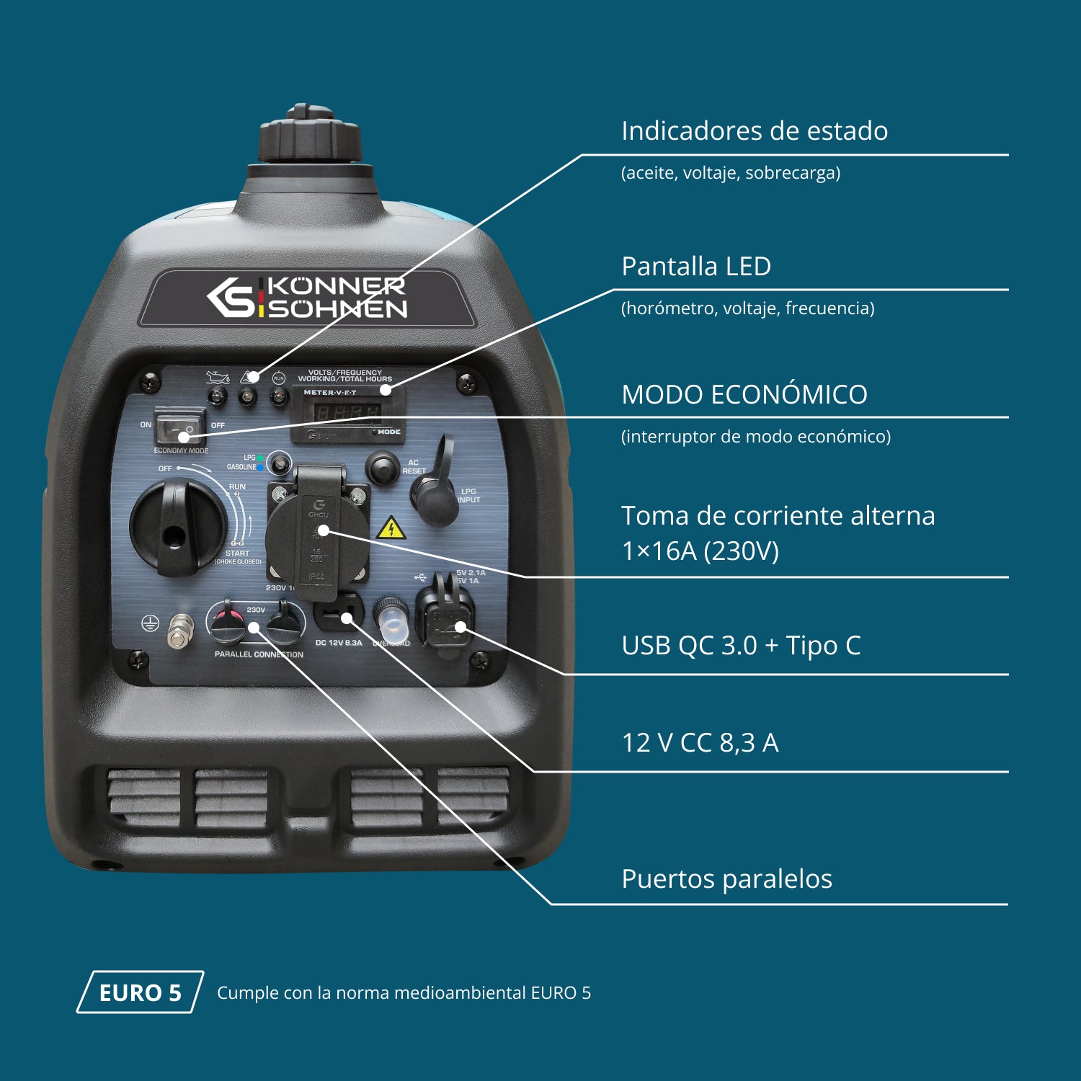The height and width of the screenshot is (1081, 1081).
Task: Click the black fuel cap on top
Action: pyautogui.click(x=310, y=137)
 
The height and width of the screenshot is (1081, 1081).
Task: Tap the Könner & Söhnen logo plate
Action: pyautogui.click(x=307, y=298)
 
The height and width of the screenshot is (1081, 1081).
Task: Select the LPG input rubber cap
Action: pyautogui.click(x=435, y=497)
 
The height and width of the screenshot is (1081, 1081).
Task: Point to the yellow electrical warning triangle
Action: pyautogui.click(x=391, y=528)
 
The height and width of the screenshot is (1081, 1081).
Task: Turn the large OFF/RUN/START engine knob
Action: pyautogui.click(x=177, y=526)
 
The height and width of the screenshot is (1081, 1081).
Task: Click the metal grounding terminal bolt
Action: pyautogui.click(x=180, y=631)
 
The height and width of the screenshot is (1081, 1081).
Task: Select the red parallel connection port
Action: pyautogui.click(x=227, y=623)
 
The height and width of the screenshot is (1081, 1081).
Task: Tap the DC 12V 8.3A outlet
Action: pyautogui.click(x=337, y=615)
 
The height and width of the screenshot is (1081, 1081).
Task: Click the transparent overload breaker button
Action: pyautogui.click(x=391, y=619)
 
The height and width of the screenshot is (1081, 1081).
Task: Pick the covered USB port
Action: pyautogui.click(x=445, y=616)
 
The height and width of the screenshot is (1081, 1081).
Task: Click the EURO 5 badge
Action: pyautogui.click(x=140, y=992)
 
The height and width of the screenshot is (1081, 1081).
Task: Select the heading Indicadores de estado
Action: pyautogui.click(x=754, y=130)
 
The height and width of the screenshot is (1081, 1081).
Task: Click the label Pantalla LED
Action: pyautogui.click(x=695, y=266)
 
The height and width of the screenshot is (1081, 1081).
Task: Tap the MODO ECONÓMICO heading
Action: pyautogui.click(x=744, y=394)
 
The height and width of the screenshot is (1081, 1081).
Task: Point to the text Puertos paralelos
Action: pyautogui.click(x=726, y=878)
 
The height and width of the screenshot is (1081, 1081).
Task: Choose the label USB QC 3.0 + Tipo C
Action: pyautogui.click(x=741, y=645)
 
